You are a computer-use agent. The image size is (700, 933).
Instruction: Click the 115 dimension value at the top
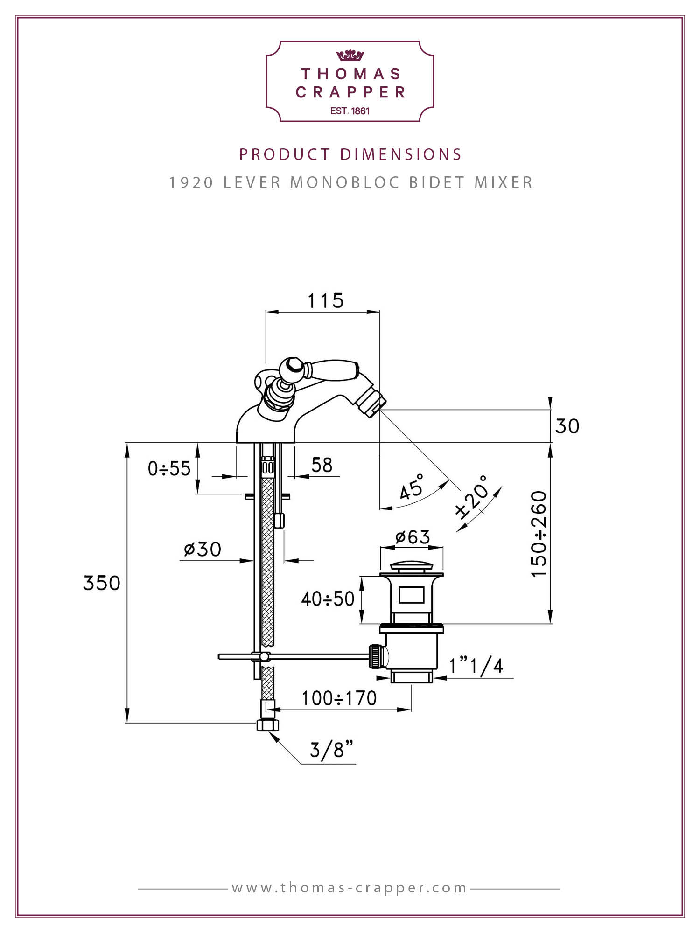click(325, 301)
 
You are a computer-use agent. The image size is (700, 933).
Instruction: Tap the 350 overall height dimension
click(102, 583)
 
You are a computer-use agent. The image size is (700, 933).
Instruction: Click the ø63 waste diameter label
click(413, 537)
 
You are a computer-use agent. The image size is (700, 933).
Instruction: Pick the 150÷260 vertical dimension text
click(539, 534)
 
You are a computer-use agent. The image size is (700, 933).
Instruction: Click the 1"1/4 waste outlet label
click(476, 666)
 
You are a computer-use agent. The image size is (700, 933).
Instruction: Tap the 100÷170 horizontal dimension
click(339, 698)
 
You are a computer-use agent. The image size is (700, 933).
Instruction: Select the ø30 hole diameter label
click(203, 549)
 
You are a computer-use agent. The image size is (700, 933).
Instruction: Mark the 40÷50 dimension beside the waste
click(328, 599)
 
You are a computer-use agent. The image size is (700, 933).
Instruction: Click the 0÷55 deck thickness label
click(169, 468)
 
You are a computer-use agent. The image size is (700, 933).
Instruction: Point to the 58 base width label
click(322, 465)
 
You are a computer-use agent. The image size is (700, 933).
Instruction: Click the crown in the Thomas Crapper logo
click(350, 56)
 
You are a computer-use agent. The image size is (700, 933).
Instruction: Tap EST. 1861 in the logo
click(350, 111)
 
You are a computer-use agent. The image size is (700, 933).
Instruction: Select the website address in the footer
click(350, 888)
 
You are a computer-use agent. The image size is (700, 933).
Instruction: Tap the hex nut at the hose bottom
click(268, 725)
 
